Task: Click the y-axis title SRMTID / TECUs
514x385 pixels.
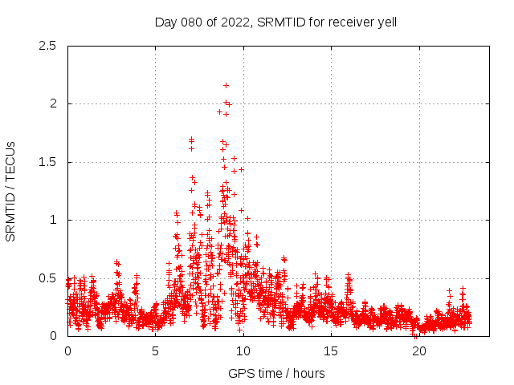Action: [x=11, y=191]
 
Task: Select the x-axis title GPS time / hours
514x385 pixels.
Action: [x=276, y=373]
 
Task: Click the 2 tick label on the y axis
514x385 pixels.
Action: [x=53, y=104]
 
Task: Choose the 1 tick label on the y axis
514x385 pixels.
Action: [x=53, y=221]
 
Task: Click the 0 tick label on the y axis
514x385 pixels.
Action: [x=53, y=336]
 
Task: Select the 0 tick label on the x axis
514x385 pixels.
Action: [x=67, y=351]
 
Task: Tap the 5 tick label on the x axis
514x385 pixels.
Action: [x=156, y=351]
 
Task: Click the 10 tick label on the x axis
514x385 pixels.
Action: [x=243, y=351]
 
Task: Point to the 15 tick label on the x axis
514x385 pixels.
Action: [x=331, y=351]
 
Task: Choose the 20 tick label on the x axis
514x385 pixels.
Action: [x=418, y=351]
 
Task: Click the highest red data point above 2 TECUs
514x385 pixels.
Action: [x=226, y=85]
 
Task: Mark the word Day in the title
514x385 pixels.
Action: [x=165, y=22]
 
